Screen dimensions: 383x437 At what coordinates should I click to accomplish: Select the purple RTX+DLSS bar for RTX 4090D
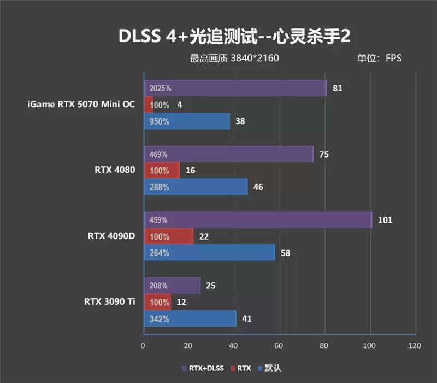[x=257, y=220]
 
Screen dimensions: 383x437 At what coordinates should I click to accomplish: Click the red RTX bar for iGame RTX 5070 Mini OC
[x=148, y=105]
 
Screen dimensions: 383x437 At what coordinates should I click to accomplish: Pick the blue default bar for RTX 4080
[x=196, y=187]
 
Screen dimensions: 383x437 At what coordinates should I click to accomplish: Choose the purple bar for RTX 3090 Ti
[x=172, y=286]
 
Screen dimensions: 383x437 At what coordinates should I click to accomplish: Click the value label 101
[x=385, y=220]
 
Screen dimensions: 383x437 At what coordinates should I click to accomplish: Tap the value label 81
[x=337, y=88]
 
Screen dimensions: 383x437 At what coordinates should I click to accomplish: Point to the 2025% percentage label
[x=160, y=88]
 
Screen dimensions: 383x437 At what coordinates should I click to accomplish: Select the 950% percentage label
[x=159, y=121]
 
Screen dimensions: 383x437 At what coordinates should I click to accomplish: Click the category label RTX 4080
[x=115, y=170]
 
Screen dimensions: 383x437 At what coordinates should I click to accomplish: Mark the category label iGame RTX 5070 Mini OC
[x=81, y=104]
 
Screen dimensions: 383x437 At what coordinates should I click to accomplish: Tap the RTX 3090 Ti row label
[x=109, y=301]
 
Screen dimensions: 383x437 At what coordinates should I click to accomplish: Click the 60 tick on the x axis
[x=279, y=345]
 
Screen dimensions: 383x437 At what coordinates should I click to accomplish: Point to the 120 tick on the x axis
[x=415, y=345]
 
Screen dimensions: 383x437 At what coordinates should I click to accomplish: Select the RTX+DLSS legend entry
[x=202, y=368]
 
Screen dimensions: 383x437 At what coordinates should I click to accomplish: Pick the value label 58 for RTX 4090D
[x=285, y=253]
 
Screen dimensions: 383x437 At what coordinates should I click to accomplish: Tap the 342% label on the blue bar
[x=159, y=318]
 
